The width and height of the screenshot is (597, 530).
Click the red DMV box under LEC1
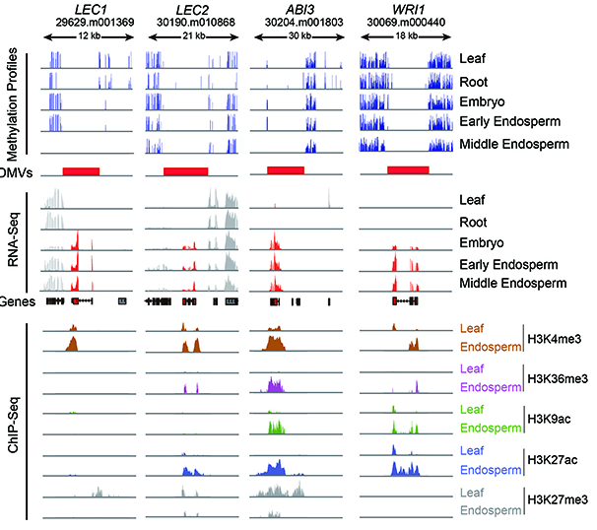click(x=81, y=171)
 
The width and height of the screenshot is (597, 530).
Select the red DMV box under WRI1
click(x=407, y=171)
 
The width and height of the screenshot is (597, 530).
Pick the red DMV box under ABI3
click(x=285, y=171)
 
